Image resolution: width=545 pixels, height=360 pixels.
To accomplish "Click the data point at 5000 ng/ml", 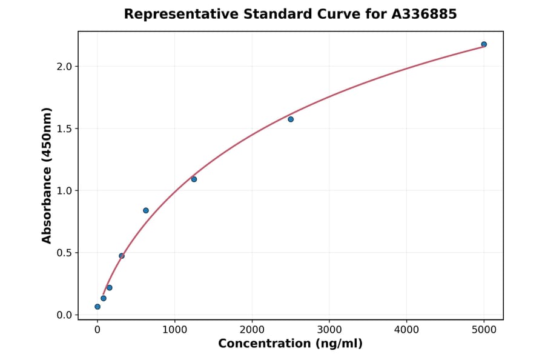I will click(484, 44).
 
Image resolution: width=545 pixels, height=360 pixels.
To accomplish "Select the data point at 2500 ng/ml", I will click(291, 119).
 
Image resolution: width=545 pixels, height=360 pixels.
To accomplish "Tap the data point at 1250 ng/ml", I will click(194, 179).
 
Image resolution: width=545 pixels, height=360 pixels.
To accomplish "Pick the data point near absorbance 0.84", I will click(146, 210).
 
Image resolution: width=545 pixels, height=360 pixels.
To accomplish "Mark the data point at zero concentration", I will click(97, 307).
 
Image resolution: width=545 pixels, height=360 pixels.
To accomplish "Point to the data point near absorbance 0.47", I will click(122, 256).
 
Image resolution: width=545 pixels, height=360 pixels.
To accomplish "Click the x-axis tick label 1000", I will click(174, 330).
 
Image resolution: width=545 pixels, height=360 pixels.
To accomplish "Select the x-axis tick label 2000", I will click(252, 330).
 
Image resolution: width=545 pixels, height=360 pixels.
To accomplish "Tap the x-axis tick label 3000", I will click(329, 330).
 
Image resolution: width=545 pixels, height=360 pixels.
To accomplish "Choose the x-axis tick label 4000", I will click(406, 330).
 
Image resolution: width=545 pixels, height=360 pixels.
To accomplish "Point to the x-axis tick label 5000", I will click(484, 330).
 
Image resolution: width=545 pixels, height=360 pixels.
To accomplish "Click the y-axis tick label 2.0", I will click(64, 67).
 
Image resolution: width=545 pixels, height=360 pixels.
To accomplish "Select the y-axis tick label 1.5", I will click(64, 128).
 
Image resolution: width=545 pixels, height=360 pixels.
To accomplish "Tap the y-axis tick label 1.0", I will click(64, 191).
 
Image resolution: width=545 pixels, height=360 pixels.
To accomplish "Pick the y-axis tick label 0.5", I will click(64, 253).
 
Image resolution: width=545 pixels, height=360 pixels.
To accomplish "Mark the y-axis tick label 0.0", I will click(64, 315).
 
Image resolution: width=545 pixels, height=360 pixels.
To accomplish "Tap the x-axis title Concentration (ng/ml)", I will click(290, 344).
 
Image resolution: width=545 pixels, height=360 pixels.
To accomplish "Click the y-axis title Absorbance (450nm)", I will click(47, 175).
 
